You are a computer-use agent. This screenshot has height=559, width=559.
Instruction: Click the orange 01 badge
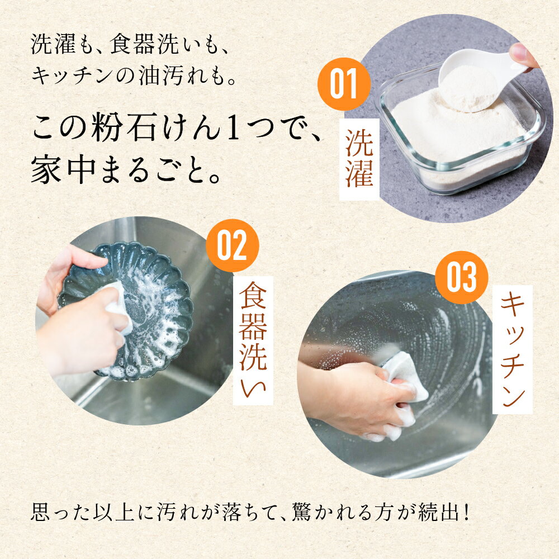(344, 84)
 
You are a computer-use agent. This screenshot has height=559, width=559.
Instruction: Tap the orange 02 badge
(233, 245)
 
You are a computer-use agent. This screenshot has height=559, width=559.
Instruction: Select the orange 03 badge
(462, 277)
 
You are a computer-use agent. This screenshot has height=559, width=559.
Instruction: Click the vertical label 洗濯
(359, 159)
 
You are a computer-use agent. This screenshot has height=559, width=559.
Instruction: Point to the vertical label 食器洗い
(253, 340)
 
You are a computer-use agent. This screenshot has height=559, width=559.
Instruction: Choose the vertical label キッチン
(512, 349)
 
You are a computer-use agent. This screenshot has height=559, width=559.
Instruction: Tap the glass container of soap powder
(460, 132)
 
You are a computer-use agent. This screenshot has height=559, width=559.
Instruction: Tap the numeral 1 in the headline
(233, 127)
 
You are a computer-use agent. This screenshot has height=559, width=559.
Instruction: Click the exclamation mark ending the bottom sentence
(467, 512)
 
